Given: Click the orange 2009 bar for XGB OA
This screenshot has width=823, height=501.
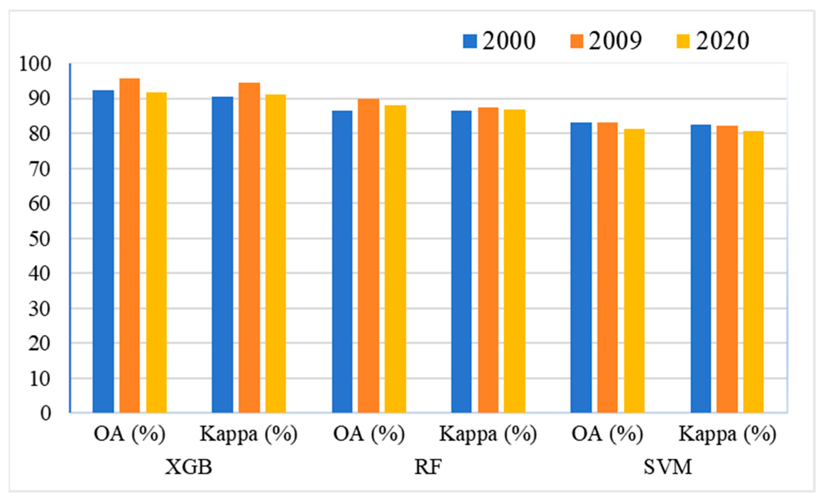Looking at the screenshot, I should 130,246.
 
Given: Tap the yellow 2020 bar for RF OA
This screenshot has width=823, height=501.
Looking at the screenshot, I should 395,259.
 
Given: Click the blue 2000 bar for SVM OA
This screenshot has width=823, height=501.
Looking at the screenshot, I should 581,268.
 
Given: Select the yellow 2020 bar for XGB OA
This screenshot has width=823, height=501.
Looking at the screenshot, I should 156,253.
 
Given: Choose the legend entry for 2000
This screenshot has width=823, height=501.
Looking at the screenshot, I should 499,41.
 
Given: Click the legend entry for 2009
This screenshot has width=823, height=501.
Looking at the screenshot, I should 606,41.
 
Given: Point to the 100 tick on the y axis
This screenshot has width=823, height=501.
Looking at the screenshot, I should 35,64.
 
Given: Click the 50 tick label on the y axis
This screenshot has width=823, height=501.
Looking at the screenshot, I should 39,239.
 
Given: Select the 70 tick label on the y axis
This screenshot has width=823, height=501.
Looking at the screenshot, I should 39,169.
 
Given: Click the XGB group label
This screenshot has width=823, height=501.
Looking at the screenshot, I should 189,467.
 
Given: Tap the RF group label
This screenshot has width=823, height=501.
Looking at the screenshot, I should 428,467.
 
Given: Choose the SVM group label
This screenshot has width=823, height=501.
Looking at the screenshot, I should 667,467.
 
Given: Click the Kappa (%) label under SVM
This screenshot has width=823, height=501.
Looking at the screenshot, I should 727,435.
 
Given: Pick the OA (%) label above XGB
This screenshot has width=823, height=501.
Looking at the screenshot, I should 130,435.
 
